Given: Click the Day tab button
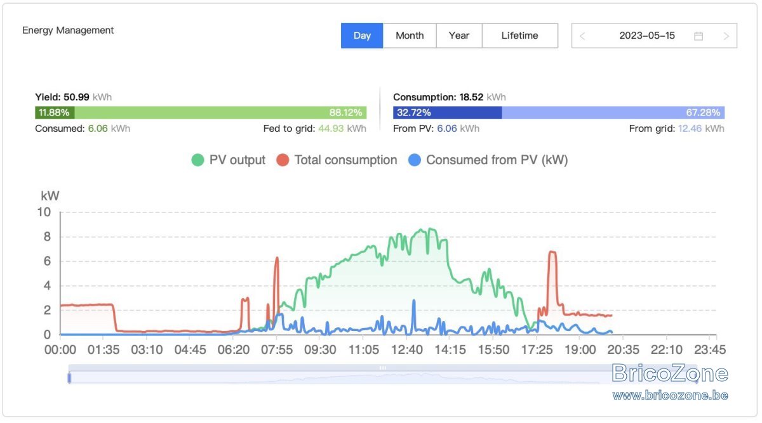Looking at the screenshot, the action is [362, 36].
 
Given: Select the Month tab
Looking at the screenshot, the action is [410, 36].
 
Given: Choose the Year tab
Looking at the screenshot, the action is [459, 36].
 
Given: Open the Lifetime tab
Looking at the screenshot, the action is [520, 36].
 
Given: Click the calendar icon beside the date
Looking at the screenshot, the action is [698, 36].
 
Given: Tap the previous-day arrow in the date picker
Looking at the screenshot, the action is [582, 36].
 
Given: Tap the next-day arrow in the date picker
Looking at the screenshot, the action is [726, 36].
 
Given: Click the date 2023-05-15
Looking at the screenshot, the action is [647, 36].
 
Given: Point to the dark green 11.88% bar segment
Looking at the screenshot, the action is [55, 112].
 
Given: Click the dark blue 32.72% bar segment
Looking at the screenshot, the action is [447, 112].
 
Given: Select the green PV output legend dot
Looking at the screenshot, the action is [197, 160].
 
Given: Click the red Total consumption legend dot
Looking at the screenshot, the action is [283, 160].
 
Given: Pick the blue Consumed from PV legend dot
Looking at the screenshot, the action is [415, 160].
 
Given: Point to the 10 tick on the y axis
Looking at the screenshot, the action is [44, 212].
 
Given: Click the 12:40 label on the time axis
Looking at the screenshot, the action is [407, 349].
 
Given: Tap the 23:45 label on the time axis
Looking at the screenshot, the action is [710, 349].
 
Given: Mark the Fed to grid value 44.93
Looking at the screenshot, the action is [331, 129].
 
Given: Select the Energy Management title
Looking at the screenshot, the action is [68, 30].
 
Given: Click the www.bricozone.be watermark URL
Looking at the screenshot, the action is [670, 396].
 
